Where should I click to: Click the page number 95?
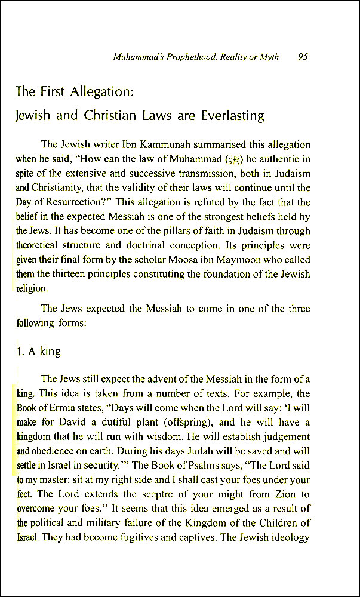[302, 57]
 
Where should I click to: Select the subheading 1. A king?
[39, 352]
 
